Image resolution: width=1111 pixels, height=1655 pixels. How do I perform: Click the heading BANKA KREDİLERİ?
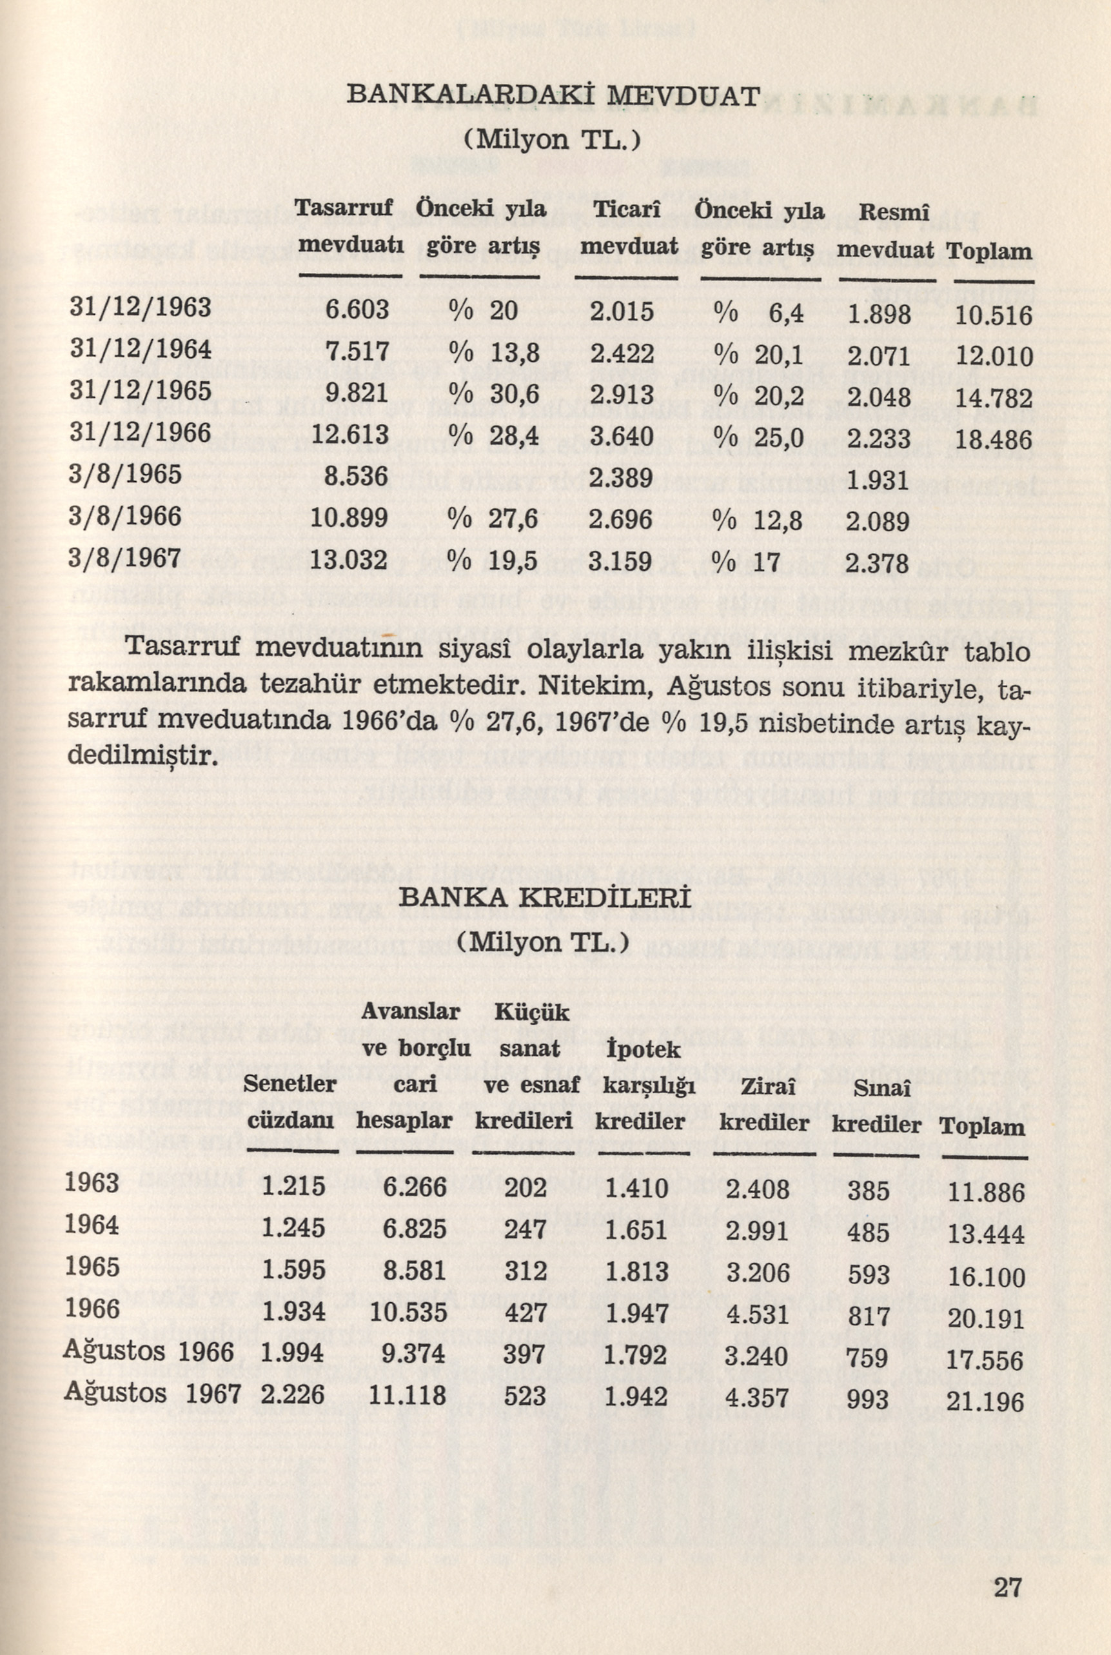coord(544,898)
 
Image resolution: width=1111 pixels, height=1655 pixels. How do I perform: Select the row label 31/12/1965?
coord(141,391)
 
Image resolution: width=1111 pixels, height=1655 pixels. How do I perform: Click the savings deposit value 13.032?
coord(349,560)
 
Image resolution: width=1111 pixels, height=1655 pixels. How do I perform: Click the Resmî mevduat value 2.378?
coord(877,564)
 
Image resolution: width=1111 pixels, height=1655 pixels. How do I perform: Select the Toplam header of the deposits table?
coord(989,252)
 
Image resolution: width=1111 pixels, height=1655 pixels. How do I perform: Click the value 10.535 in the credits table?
coord(408,1313)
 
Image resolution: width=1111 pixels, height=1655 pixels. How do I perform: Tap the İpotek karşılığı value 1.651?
coord(636,1229)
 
